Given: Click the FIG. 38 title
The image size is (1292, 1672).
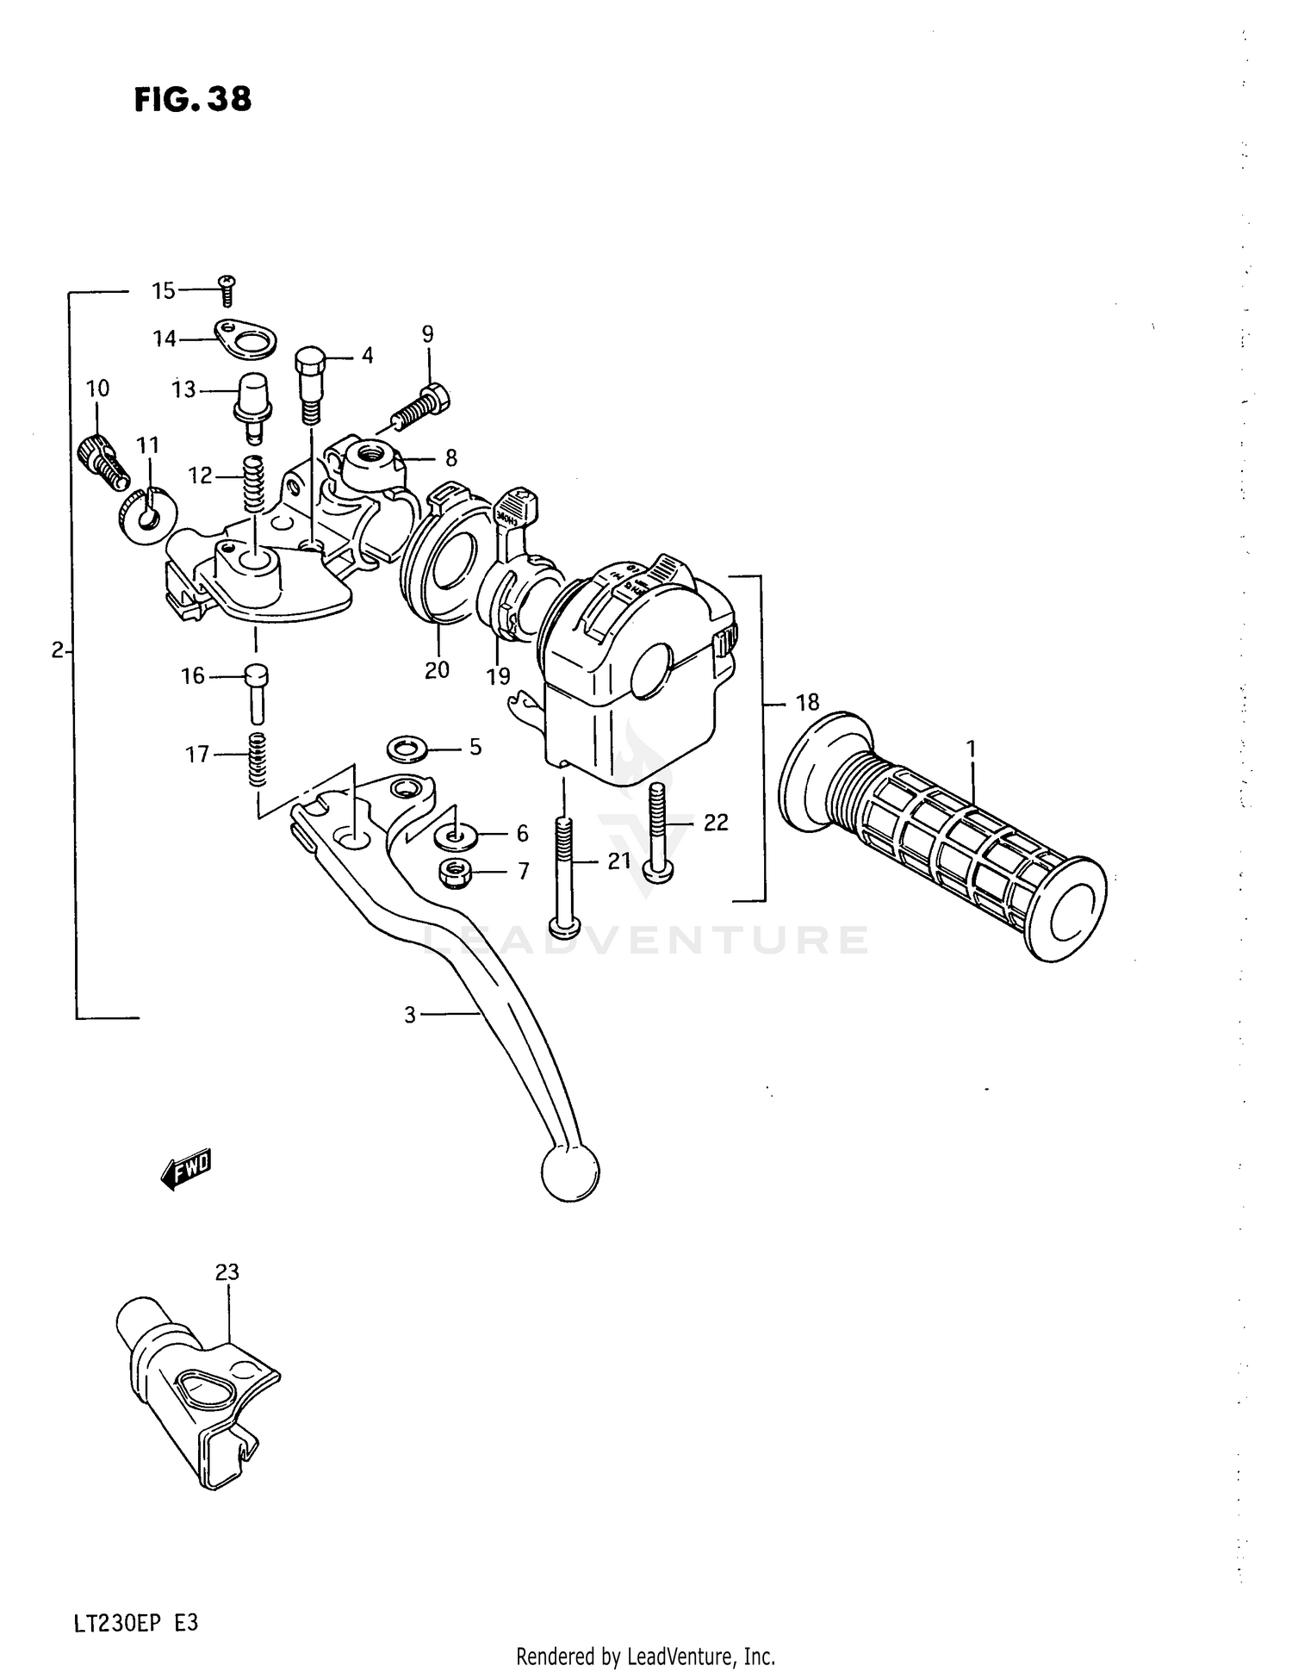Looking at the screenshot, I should point(193,100).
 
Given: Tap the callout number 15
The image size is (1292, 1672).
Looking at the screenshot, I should point(164,291).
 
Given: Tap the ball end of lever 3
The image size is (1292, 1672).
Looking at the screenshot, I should point(570,1172).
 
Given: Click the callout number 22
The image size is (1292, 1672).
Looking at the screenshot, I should point(715,823).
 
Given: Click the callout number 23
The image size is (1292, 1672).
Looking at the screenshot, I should point(227,1271).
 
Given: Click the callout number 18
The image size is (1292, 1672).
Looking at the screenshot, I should point(807,703).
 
